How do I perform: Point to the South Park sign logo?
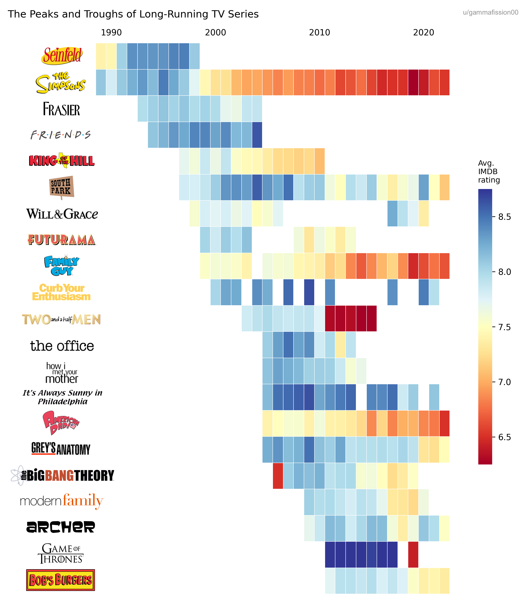pos(61,187)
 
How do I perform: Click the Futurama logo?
pos(62,239)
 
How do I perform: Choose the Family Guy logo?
pos(62,265)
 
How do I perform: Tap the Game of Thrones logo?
pos(61,553)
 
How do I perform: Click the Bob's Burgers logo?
pos(61,580)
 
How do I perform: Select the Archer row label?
pos(61,527)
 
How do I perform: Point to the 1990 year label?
pos(111,33)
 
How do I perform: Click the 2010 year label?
pos(319,33)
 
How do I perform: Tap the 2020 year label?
pos(423,33)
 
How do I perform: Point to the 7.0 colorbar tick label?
pos(504,382)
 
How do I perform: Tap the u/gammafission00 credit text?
pos(490,12)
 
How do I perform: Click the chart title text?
pos(133,14)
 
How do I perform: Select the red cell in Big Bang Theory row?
pos(278,476)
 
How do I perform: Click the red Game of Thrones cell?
pos(413,554)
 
